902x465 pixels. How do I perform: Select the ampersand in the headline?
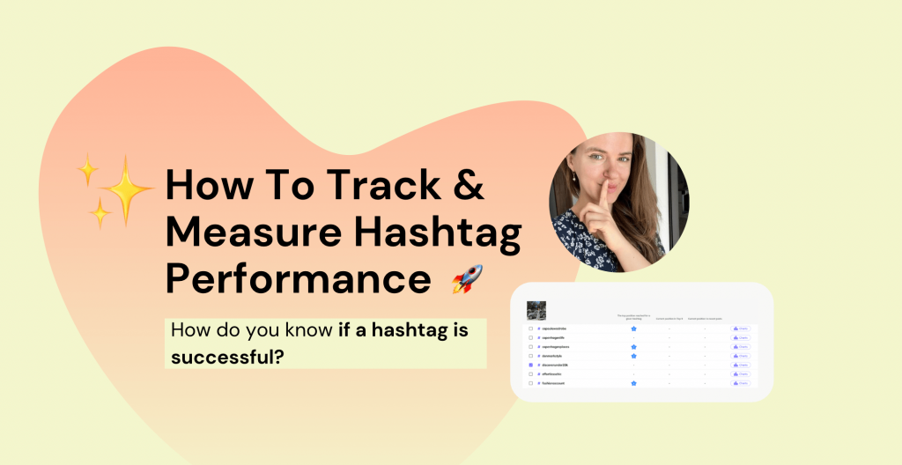point(468,186)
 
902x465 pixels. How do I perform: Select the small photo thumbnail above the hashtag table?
point(536,310)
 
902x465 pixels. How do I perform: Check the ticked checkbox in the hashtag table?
point(531,365)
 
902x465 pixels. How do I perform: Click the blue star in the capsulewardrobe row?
point(633,328)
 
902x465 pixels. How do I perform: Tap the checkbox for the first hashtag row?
point(531,328)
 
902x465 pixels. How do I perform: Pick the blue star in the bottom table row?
point(633,383)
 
